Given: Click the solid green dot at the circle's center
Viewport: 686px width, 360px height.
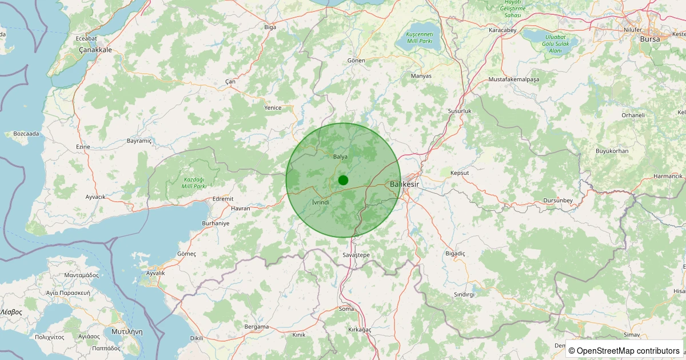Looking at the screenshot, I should [x=343, y=180].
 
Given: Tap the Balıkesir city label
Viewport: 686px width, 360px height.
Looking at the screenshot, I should [x=404, y=185].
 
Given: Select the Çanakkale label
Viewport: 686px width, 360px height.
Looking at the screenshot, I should [x=95, y=50].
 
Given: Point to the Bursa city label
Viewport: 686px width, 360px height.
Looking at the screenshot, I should [x=650, y=39].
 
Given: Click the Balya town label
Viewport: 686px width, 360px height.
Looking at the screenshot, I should [x=340, y=157].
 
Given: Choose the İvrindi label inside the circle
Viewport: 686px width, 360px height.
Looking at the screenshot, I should [x=321, y=202].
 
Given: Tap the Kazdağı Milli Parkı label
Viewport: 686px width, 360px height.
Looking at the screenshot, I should [x=193, y=182].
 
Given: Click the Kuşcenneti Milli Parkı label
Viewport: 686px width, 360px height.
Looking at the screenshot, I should [x=420, y=38].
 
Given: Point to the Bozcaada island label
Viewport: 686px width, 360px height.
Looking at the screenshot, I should [x=26, y=134].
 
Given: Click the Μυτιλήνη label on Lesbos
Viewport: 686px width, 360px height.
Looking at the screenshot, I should [x=127, y=331].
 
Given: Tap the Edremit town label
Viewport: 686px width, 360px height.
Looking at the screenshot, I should [x=222, y=198].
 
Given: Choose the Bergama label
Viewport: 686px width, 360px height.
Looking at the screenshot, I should [x=256, y=327].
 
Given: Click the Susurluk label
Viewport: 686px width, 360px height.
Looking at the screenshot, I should [x=459, y=111].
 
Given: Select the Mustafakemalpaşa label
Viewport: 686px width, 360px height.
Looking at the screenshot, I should [x=514, y=79].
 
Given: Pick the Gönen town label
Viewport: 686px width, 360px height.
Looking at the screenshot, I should [x=356, y=61].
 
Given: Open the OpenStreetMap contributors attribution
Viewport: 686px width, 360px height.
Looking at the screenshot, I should [x=625, y=350].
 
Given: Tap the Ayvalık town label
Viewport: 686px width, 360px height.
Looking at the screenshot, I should [x=155, y=273].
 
